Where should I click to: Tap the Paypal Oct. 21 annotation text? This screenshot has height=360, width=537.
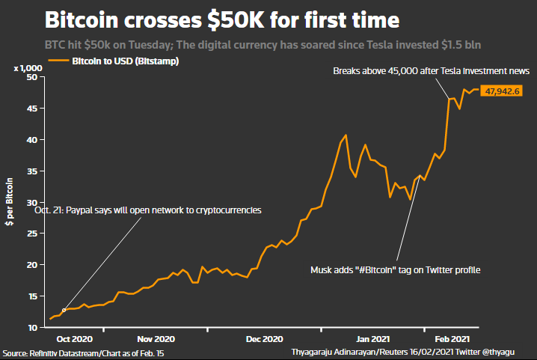pos(148,211)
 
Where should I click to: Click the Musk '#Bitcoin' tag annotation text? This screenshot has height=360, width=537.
pos(395,269)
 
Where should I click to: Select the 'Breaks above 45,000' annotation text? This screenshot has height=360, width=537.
pos(432,71)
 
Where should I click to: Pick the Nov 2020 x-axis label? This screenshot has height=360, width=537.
pos(156,339)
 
